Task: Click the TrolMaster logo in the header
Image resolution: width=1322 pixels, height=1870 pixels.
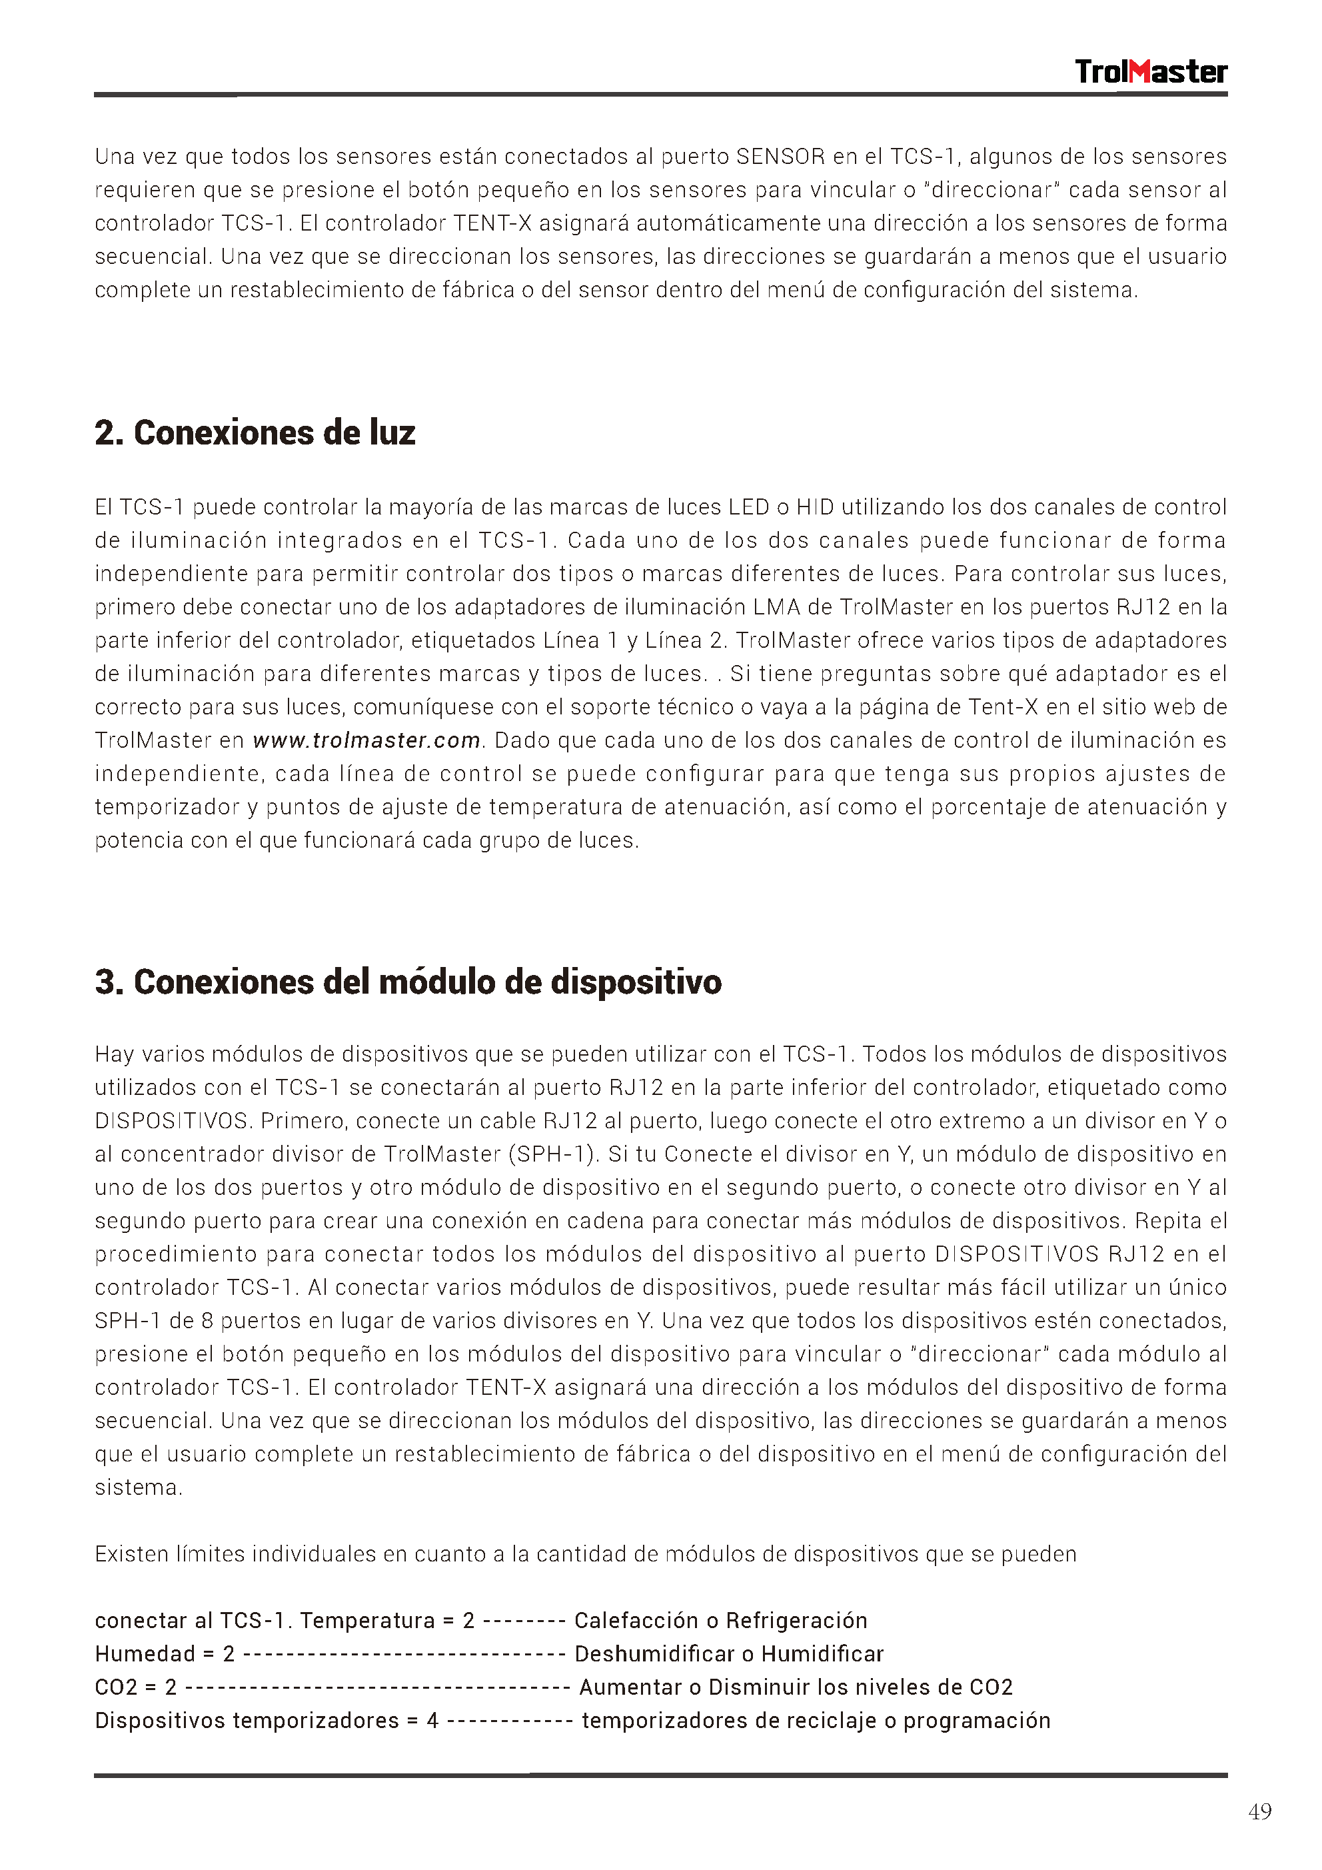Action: (1149, 72)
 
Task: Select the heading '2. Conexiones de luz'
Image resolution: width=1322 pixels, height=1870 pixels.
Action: (255, 433)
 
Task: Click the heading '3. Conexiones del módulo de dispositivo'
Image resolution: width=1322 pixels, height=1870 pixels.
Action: (408, 982)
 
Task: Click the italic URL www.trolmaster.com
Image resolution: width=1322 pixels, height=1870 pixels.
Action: (366, 740)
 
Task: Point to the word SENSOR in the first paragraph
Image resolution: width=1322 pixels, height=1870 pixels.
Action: (780, 157)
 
